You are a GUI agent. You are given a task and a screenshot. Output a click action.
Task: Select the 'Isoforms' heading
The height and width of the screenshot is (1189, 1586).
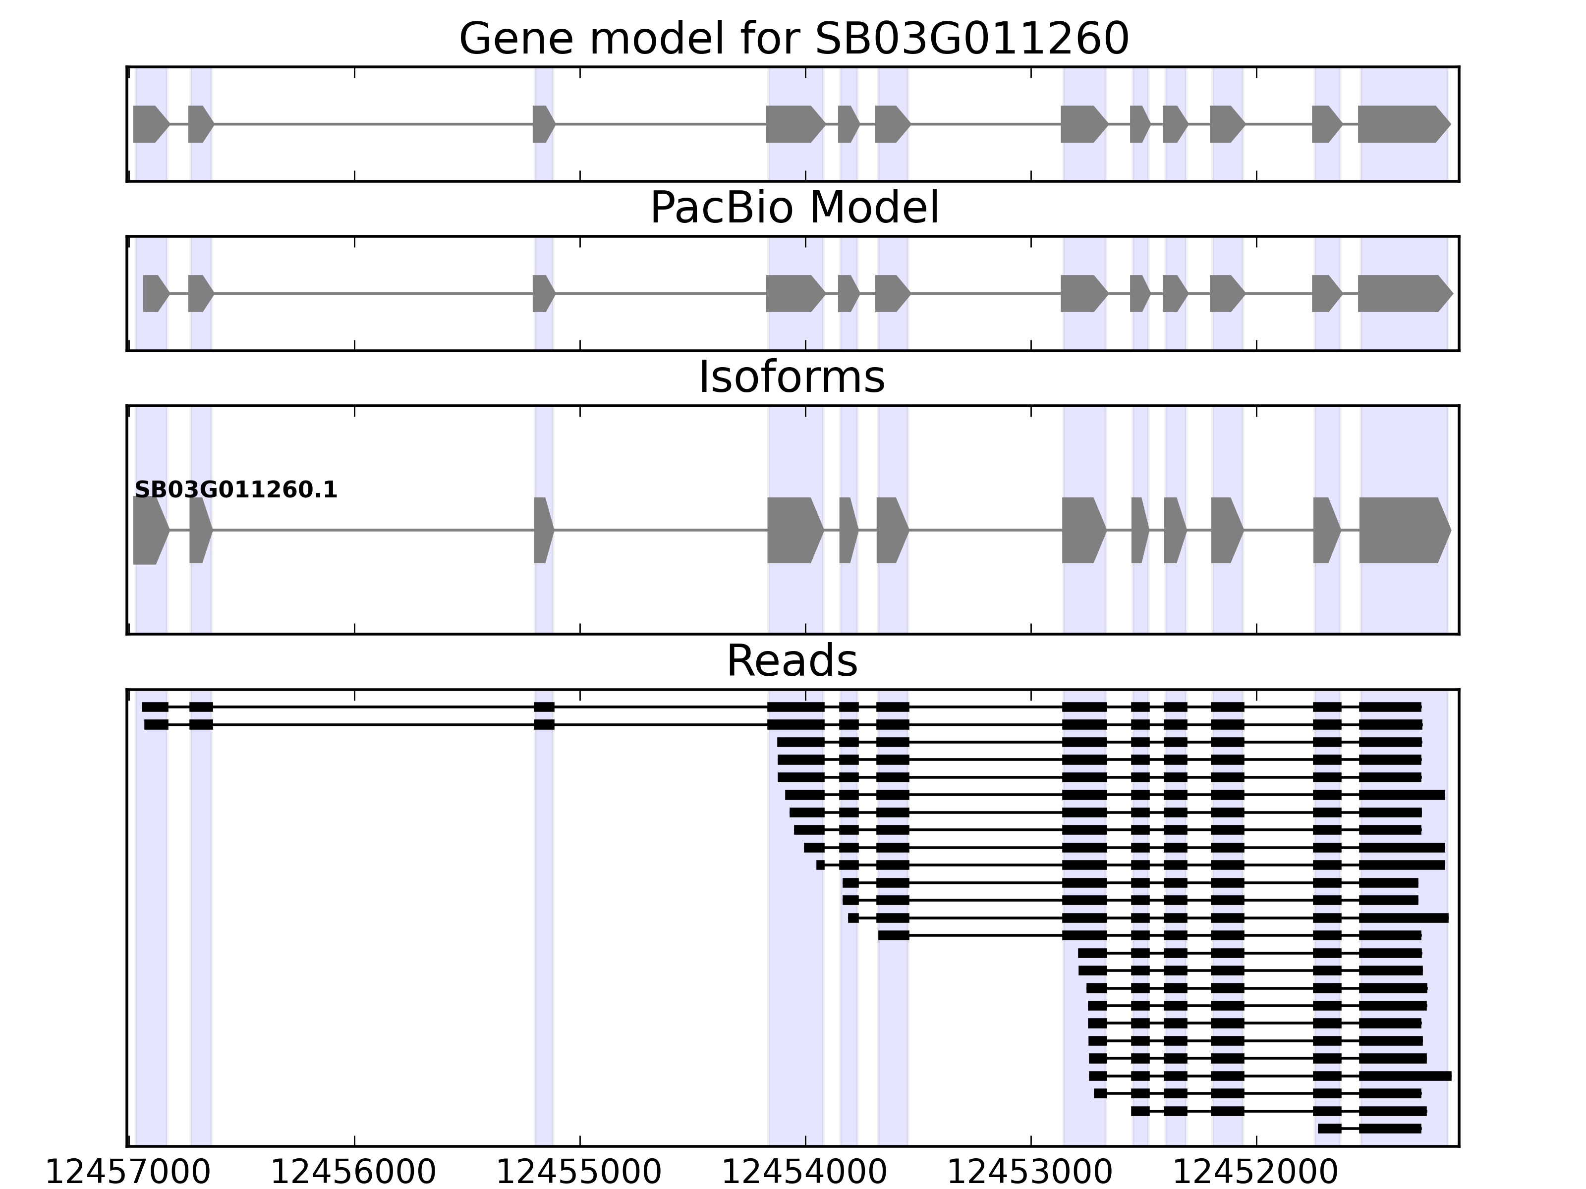[792, 377]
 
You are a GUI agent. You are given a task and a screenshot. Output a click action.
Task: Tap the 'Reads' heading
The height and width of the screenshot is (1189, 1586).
[792, 661]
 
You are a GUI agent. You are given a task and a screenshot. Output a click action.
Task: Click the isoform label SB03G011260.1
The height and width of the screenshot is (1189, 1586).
[236, 490]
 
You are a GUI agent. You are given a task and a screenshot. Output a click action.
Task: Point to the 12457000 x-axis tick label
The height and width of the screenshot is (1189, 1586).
[128, 1173]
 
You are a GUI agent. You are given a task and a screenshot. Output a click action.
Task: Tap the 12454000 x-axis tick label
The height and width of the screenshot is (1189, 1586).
[804, 1173]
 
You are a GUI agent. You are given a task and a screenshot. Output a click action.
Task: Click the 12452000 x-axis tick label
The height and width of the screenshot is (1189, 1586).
[1255, 1173]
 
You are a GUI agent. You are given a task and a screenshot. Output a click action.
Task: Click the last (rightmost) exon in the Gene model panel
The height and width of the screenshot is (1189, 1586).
[1402, 124]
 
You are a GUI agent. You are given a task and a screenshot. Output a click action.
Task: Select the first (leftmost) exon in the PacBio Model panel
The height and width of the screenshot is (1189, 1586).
[155, 293]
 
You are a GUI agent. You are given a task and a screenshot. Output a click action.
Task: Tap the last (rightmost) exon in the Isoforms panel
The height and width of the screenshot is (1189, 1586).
[1403, 531]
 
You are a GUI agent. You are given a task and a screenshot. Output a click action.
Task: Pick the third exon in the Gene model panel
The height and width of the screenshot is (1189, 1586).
[543, 124]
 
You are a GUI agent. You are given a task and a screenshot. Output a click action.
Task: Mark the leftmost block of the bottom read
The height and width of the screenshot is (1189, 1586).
[1329, 1129]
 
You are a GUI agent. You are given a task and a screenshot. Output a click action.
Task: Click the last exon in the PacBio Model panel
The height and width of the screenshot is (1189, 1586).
[1403, 293]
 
